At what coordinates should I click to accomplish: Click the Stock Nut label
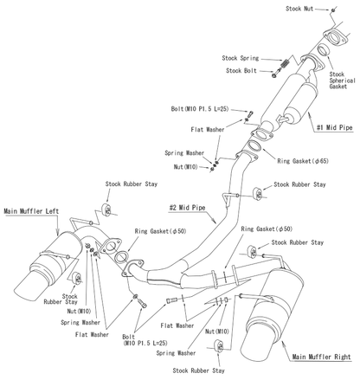click(299, 9)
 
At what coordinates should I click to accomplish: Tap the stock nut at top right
click(333, 10)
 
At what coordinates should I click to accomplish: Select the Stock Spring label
click(241, 58)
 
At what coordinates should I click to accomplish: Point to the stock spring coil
click(285, 63)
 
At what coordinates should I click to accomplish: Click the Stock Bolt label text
click(241, 71)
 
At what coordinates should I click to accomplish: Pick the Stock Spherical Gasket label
click(342, 81)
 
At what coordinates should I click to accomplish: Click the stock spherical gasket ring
click(325, 49)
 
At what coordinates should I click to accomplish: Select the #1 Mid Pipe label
click(334, 127)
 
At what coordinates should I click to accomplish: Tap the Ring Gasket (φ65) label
click(303, 161)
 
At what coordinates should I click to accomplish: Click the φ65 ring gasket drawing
click(254, 145)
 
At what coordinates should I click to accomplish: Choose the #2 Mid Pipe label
click(187, 208)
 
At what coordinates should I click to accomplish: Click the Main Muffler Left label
click(31, 211)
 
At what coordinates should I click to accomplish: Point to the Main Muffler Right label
click(321, 357)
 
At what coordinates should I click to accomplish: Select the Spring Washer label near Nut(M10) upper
click(184, 153)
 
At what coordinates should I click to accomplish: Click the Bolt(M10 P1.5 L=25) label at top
click(200, 109)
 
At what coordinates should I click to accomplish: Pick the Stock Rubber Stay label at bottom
click(198, 370)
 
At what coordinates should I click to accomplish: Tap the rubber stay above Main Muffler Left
click(106, 209)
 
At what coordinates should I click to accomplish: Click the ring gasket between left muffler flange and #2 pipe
click(121, 257)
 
